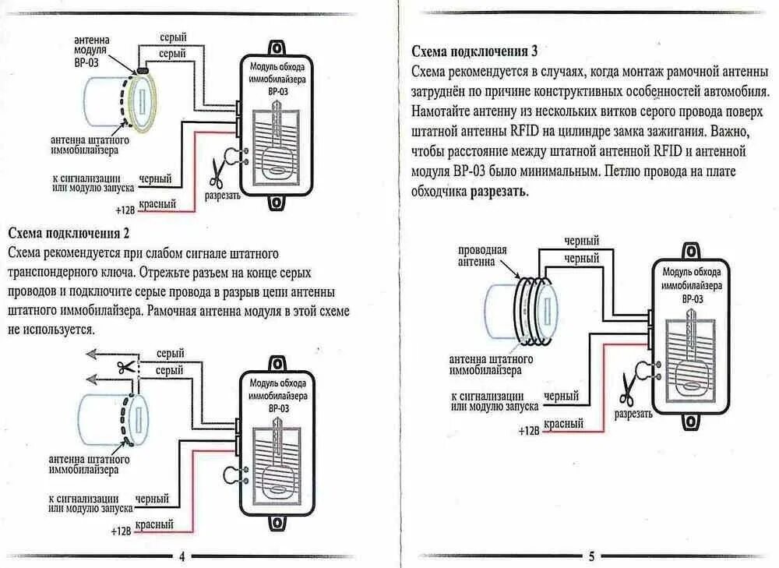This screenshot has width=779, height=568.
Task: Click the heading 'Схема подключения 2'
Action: [69, 234]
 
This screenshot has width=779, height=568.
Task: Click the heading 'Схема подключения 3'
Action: [474, 51]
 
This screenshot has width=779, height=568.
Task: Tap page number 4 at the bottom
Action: [182, 556]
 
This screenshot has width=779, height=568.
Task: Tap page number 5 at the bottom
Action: [591, 556]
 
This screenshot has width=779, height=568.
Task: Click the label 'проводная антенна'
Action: [483, 256]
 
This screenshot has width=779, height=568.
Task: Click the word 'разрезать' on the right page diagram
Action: [633, 414]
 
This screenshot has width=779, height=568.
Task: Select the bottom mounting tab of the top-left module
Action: [276, 202]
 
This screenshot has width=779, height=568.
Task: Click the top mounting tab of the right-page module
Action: [690, 251]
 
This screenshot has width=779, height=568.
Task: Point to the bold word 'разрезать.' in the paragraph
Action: [499, 191]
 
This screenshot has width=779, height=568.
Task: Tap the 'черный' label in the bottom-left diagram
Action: [153, 499]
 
